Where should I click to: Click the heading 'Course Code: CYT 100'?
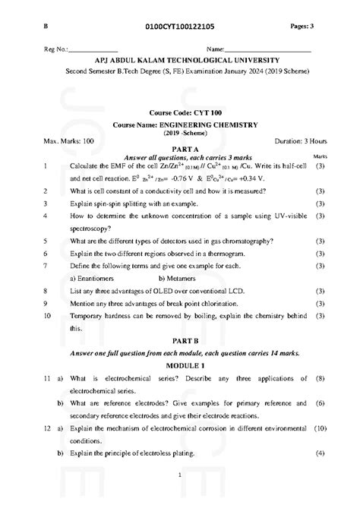coord(180,112)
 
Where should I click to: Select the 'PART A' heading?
coord(180,150)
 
